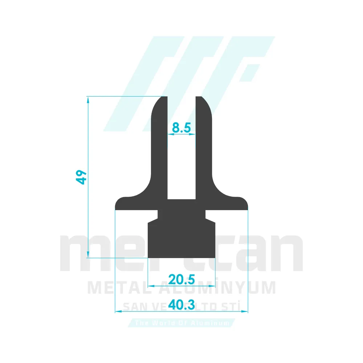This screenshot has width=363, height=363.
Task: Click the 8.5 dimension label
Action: click(181, 127)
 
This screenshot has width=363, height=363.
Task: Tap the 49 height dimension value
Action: click(82, 177)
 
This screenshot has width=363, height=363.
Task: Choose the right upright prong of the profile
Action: click(204, 145)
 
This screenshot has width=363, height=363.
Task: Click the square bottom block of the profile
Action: click(181, 240)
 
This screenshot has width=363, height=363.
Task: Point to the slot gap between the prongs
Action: click(181, 163)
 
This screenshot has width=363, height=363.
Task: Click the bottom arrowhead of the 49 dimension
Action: click(88, 255)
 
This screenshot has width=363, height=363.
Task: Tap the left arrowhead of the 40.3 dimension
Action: click(117, 311)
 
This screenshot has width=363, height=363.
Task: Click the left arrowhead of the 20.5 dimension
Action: click(151, 286)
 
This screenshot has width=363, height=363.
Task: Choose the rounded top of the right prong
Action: click(203, 103)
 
